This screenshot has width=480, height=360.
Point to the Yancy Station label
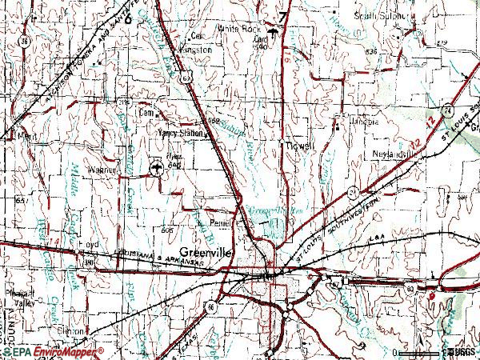(x=180, y=134)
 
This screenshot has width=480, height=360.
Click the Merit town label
(x=26, y=137)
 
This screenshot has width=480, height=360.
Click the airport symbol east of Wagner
(x=157, y=168)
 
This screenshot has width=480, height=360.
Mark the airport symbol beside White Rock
(x=274, y=32)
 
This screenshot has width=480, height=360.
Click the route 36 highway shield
(x=26, y=42)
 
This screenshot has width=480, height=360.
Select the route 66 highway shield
(x=211, y=306)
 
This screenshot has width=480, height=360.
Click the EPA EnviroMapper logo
(x=52, y=352)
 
